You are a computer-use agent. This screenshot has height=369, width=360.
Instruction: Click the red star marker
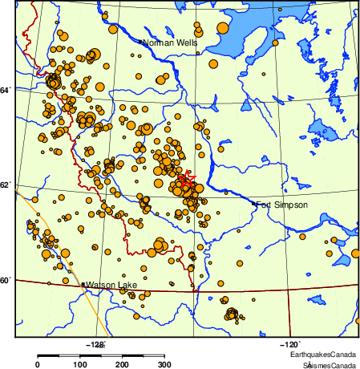184,180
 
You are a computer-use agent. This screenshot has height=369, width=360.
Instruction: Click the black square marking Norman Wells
140,42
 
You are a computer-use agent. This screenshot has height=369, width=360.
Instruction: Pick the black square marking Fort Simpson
254,204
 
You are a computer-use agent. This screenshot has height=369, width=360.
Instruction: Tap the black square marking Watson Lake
83,284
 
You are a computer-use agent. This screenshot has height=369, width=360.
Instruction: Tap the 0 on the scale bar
38,365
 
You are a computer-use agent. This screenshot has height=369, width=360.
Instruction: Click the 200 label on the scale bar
122,365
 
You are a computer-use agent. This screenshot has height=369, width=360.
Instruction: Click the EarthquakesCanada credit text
323,354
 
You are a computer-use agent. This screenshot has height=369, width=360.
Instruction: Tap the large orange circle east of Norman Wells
213,64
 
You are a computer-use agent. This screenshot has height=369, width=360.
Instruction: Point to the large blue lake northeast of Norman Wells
241,36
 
